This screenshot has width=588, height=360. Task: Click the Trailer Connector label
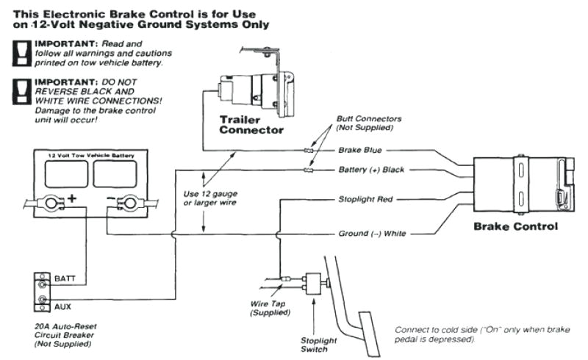251,125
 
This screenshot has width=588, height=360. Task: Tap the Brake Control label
515,226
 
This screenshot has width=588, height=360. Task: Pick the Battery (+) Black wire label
371,170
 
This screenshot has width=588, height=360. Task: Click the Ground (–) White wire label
371,234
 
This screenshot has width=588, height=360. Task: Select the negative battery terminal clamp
129,201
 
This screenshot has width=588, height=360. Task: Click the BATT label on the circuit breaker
65,279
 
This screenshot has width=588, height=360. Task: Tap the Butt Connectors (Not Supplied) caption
364,123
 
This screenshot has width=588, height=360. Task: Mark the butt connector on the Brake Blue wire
309,150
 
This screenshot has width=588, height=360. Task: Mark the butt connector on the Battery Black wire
309,170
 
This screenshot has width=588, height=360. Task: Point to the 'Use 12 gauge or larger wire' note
210,198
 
